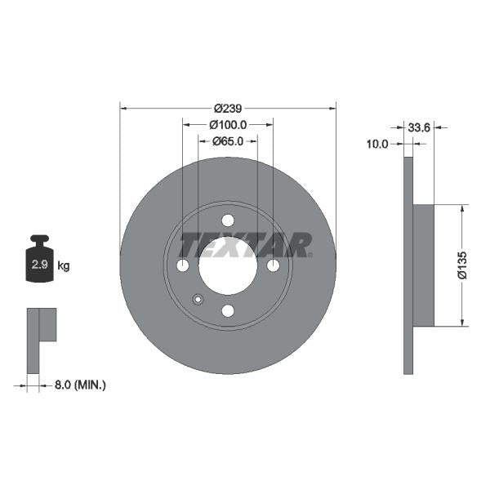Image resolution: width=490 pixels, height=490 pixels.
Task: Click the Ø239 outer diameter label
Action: tap(228, 108)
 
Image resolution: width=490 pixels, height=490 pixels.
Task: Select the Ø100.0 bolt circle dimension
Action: tap(228, 125)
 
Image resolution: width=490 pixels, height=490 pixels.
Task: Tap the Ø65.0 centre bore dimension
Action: tap(228, 141)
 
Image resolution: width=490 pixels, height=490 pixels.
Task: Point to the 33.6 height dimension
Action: tap(419, 127)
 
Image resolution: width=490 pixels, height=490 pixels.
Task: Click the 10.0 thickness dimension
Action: tap(377, 144)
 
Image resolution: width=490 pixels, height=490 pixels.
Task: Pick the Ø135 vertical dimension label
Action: tap(461, 265)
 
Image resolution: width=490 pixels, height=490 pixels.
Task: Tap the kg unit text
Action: tap(64, 265)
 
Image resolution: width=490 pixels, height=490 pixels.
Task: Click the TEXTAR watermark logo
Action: tap(245, 245)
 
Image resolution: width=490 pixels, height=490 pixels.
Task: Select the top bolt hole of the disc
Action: tap(228, 220)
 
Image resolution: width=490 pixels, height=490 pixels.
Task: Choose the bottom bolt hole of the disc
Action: tap(228, 310)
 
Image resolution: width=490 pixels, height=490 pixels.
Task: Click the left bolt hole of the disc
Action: tap(183, 265)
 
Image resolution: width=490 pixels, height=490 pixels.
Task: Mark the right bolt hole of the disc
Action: tap(273, 265)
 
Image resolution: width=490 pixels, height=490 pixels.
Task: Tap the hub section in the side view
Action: tap(423, 265)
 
